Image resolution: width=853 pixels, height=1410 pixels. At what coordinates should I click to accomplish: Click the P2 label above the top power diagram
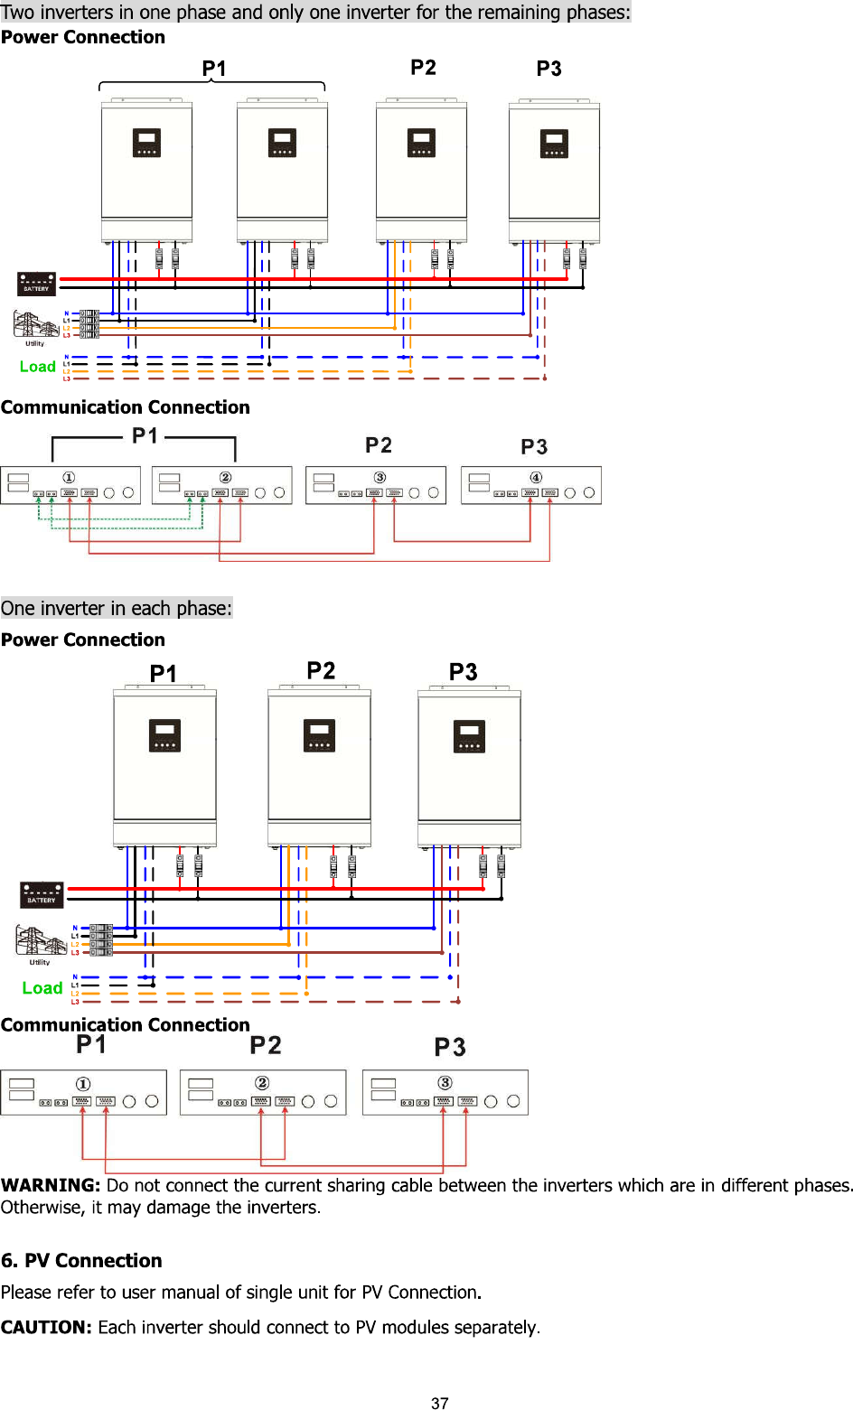tap(423, 68)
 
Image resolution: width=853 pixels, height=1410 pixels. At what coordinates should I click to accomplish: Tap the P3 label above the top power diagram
tap(548, 69)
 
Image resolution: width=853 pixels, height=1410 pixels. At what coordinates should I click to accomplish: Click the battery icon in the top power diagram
tap(36, 284)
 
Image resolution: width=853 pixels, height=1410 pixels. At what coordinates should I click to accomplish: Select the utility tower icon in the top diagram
tap(35, 325)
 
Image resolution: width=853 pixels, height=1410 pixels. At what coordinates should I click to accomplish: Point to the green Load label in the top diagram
tap(38, 367)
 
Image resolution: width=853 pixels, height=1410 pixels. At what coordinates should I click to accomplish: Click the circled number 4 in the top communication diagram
tap(536, 477)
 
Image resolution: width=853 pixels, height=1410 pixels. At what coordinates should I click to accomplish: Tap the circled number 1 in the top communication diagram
tap(69, 477)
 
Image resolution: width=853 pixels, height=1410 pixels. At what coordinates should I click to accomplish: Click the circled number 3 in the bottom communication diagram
tap(445, 1082)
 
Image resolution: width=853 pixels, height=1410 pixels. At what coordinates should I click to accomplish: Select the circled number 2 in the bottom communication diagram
tap(262, 1082)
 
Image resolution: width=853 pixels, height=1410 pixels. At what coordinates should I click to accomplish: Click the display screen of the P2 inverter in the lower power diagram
tap(319, 734)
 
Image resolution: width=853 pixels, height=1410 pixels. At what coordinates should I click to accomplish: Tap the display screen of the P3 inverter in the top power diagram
tap(554, 143)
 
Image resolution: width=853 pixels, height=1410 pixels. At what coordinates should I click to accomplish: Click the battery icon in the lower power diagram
tap(42, 894)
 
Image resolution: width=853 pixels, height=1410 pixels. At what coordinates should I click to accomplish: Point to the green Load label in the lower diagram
tap(42, 988)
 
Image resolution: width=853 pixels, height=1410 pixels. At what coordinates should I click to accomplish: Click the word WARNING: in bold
tap(51, 1185)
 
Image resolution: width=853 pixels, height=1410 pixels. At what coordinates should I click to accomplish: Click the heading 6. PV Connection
tap(81, 1260)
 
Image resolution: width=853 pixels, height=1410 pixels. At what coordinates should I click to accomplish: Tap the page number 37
tap(440, 1403)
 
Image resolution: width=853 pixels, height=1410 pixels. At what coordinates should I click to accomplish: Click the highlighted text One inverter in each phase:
tap(117, 608)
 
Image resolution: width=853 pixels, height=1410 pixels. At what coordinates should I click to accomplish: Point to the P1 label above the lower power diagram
tap(163, 674)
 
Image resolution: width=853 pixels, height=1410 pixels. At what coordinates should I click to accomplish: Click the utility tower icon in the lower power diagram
tap(40, 941)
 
